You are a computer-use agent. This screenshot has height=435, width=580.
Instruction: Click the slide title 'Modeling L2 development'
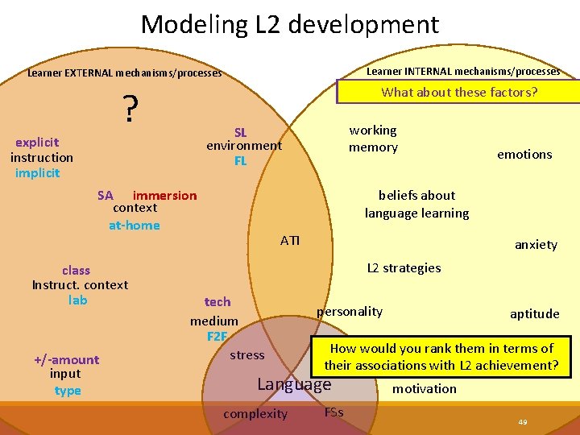pyautogui.click(x=290, y=24)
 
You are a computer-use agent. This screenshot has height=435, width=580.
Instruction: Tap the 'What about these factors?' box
pyautogui.click(x=459, y=92)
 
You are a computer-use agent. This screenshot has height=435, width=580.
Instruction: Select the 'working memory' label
pyautogui.click(x=373, y=139)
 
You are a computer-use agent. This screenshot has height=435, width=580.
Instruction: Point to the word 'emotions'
pyautogui.click(x=524, y=154)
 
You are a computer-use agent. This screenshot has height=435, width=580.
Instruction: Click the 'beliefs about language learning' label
pyautogui.click(x=416, y=204)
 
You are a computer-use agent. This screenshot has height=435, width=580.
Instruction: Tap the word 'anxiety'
pyautogui.click(x=536, y=245)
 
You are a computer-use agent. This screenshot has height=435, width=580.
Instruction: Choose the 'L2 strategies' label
pyautogui.click(x=404, y=267)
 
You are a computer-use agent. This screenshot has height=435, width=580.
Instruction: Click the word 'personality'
pyautogui.click(x=350, y=311)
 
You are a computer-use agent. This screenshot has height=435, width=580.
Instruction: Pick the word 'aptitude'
pyautogui.click(x=534, y=314)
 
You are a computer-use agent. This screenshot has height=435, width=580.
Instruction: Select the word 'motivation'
pyautogui.click(x=424, y=388)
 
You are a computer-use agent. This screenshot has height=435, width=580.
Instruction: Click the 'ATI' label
pyautogui.click(x=290, y=240)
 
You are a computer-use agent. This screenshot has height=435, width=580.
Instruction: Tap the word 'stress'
pyautogui.click(x=246, y=354)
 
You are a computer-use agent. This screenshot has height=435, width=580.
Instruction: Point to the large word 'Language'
pyautogui.click(x=293, y=384)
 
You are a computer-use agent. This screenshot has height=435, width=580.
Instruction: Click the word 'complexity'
pyautogui.click(x=255, y=414)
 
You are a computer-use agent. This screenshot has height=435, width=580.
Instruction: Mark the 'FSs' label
pyautogui.click(x=333, y=412)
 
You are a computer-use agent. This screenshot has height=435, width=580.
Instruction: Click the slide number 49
pyautogui.click(x=523, y=422)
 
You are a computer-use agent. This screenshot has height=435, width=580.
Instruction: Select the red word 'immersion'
pyautogui.click(x=164, y=195)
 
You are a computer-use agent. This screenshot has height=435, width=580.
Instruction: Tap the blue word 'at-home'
pyautogui.click(x=134, y=225)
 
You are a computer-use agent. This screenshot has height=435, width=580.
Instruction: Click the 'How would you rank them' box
pyautogui.click(x=441, y=357)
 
